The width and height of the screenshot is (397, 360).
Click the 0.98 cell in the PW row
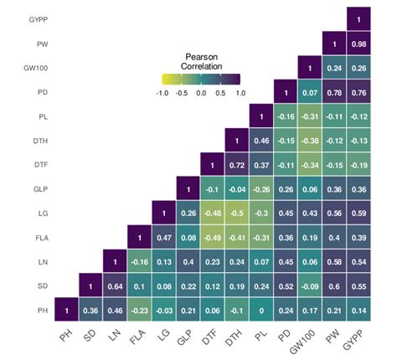(x=360, y=43)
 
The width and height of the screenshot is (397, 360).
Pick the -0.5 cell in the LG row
(x=238, y=213)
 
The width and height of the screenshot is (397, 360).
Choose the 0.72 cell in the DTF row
(x=238, y=164)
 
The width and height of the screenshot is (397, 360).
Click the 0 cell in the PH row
(x=263, y=310)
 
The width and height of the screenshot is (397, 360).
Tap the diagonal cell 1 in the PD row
(x=287, y=91)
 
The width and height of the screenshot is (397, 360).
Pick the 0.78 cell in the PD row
(x=336, y=91)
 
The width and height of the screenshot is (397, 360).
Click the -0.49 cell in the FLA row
(x=214, y=237)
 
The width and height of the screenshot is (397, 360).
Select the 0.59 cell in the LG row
(x=360, y=213)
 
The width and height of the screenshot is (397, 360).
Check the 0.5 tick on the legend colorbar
(x=220, y=94)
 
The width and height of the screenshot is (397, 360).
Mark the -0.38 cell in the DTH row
(x=312, y=140)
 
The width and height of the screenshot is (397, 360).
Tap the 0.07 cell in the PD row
(x=312, y=91)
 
